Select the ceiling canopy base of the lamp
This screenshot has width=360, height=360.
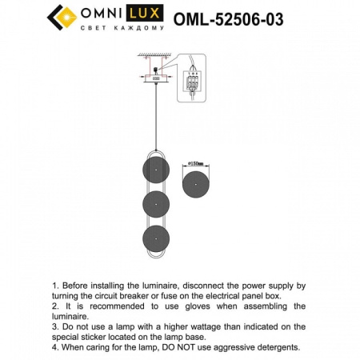(x=154, y=78)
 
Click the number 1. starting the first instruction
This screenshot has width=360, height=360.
(x=56, y=285)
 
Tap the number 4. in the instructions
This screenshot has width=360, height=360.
(x=56, y=347)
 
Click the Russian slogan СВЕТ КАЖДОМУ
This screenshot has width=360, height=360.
(x=124, y=27)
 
